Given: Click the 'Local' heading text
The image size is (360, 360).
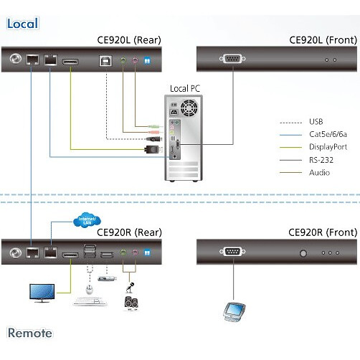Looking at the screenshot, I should (x=22, y=24).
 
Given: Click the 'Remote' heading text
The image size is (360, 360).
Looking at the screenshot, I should (x=29, y=333).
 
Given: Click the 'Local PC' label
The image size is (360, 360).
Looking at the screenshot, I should (x=186, y=88).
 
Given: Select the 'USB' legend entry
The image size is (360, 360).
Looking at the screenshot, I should (x=316, y=121).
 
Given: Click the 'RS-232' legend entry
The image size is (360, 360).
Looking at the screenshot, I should (x=320, y=159).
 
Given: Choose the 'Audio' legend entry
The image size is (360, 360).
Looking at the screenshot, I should (x=319, y=172).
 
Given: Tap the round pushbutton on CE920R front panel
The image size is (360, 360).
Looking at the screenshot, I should (x=303, y=252).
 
